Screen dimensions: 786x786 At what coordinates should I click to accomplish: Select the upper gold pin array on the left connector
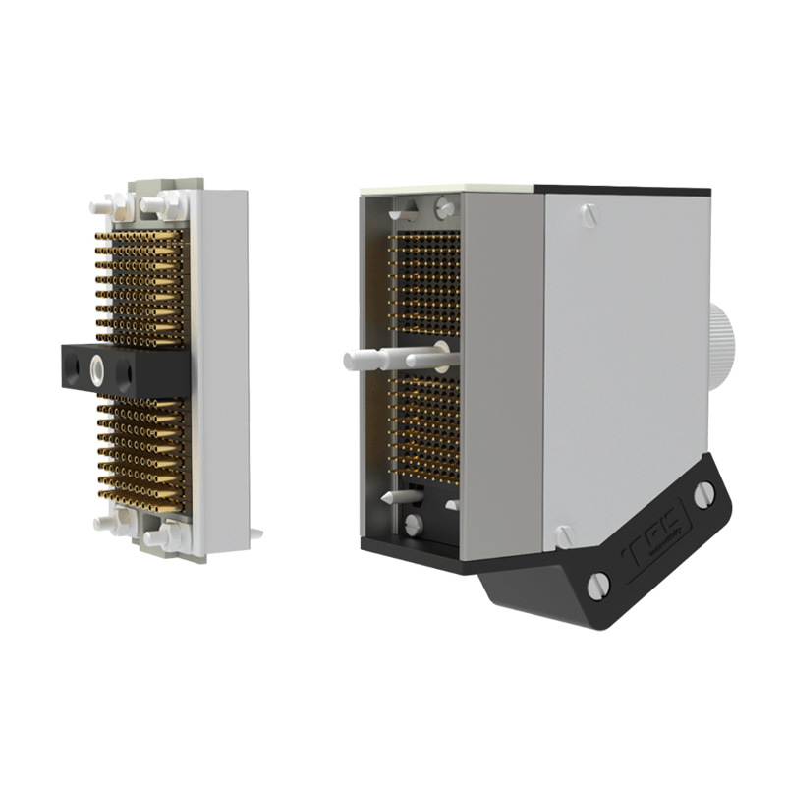pos(143,286)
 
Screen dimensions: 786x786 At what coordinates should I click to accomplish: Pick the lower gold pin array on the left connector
pos(143,453)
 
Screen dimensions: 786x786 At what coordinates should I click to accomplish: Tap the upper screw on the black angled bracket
pos(703,494)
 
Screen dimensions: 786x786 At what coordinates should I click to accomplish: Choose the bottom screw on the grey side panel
pos(563,536)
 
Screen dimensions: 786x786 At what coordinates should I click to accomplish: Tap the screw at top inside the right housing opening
pos(445,207)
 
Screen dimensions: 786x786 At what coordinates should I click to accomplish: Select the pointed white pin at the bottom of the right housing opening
pos(392,498)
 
